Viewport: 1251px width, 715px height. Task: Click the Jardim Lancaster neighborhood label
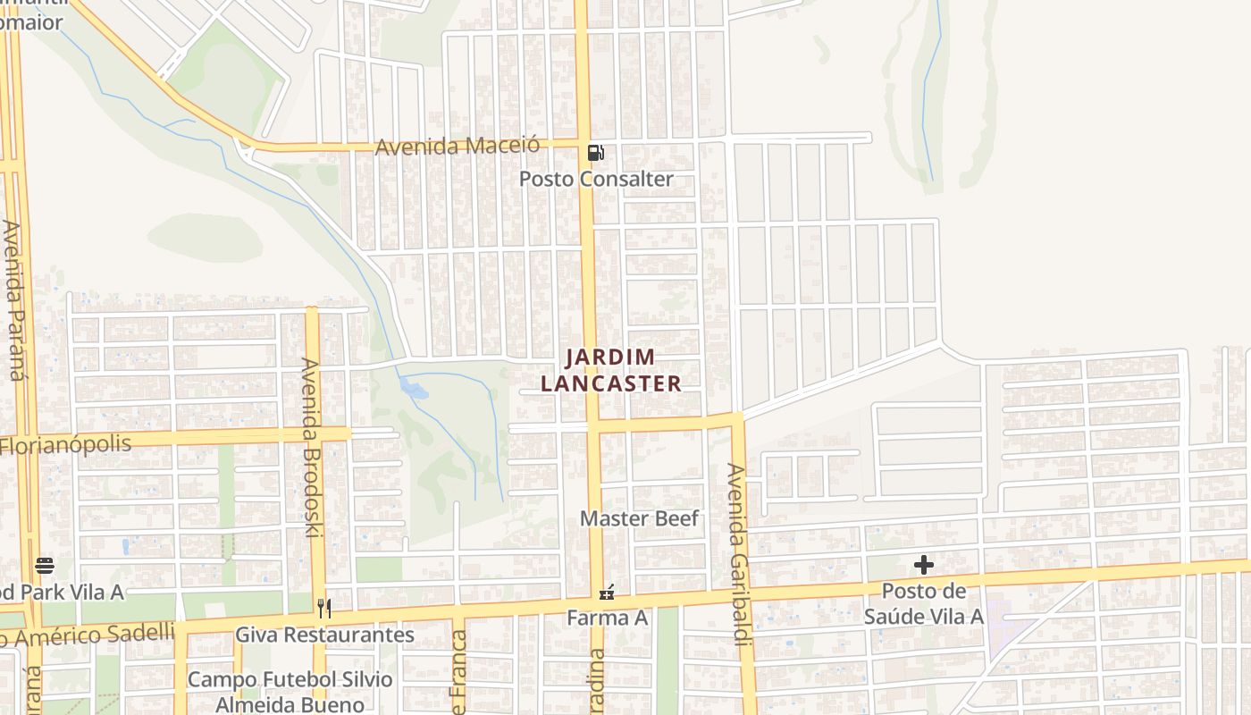(x=611, y=370)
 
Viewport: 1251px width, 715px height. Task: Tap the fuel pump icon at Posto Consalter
(x=595, y=153)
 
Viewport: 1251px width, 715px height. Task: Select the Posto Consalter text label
(x=596, y=179)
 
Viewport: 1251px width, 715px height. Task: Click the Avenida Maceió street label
(x=458, y=146)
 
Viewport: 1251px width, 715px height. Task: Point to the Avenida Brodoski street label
(x=310, y=447)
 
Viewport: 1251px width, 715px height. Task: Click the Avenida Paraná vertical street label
(x=13, y=300)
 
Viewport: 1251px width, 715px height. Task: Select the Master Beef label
(x=639, y=518)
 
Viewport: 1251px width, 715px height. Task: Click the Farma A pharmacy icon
(x=607, y=593)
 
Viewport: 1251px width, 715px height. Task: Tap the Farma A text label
(x=607, y=618)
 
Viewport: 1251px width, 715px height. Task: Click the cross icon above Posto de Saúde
(x=923, y=565)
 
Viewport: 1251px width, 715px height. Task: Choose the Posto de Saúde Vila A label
(x=923, y=603)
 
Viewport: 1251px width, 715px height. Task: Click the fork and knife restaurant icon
(x=324, y=609)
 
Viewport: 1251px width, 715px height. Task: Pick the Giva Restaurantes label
(x=324, y=635)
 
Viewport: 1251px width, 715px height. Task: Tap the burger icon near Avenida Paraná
(x=45, y=565)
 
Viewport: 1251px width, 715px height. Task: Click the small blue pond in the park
(x=413, y=389)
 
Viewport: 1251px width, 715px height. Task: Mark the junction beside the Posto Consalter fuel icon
(x=582, y=142)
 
